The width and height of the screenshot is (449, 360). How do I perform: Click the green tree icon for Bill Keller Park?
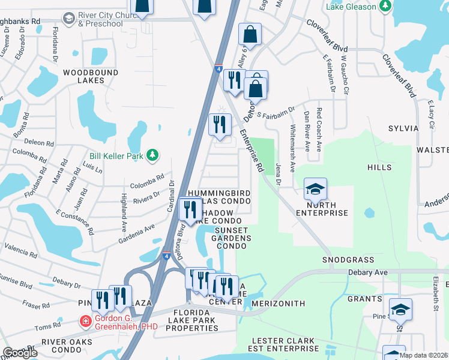(x=152, y=156)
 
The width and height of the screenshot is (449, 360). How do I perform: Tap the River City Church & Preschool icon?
(x=70, y=18)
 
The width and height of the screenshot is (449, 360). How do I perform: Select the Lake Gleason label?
(x=351, y=7)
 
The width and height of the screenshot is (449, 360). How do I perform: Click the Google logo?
(x=20, y=352)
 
